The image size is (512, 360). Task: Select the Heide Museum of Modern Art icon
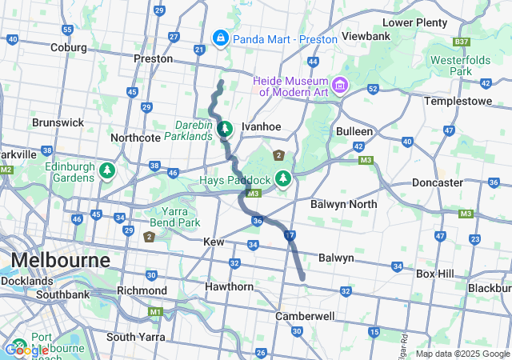340,85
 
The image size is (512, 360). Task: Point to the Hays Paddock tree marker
282,179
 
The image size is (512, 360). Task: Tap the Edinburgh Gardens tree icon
106,170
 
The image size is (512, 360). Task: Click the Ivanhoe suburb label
261,126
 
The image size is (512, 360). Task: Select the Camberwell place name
304,316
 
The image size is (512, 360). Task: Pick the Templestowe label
455,102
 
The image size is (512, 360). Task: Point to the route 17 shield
290,234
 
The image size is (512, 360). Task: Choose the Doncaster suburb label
437,182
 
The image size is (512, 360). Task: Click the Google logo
26,350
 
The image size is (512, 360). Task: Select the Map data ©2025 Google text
462,354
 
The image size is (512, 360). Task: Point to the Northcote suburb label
136,138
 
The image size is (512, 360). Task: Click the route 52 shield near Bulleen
373,89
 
